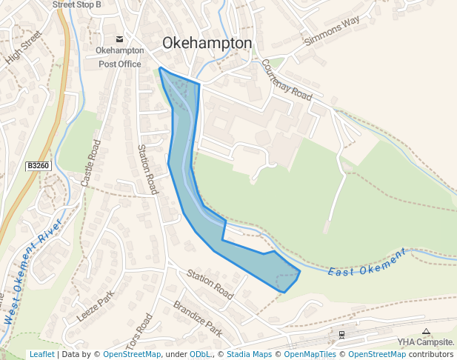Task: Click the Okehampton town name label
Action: click(207, 43)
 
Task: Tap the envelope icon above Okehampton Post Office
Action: click(119, 39)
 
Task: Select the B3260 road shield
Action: click(39, 166)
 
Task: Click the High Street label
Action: click(21, 50)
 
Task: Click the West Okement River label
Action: click(32, 273)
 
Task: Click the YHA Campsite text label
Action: click(425, 342)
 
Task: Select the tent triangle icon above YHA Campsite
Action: click(425, 332)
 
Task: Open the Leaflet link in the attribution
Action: click(41, 355)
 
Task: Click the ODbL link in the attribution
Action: click(200, 355)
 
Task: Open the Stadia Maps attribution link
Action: click(249, 355)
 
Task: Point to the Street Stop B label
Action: click(77, 4)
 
